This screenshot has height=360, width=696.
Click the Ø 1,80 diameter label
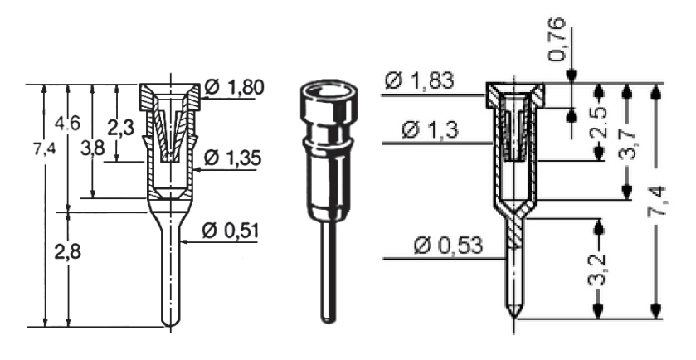(x=235, y=87)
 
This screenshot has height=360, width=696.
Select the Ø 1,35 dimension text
(x=232, y=158)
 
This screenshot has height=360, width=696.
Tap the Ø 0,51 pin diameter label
(x=230, y=231)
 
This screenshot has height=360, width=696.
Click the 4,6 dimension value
(x=67, y=123)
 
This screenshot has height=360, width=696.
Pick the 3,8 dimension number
(x=92, y=148)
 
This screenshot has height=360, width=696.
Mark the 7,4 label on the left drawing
(x=45, y=149)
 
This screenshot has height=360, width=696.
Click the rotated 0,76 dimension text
(x=557, y=40)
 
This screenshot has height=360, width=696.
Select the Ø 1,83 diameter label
(x=420, y=81)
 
